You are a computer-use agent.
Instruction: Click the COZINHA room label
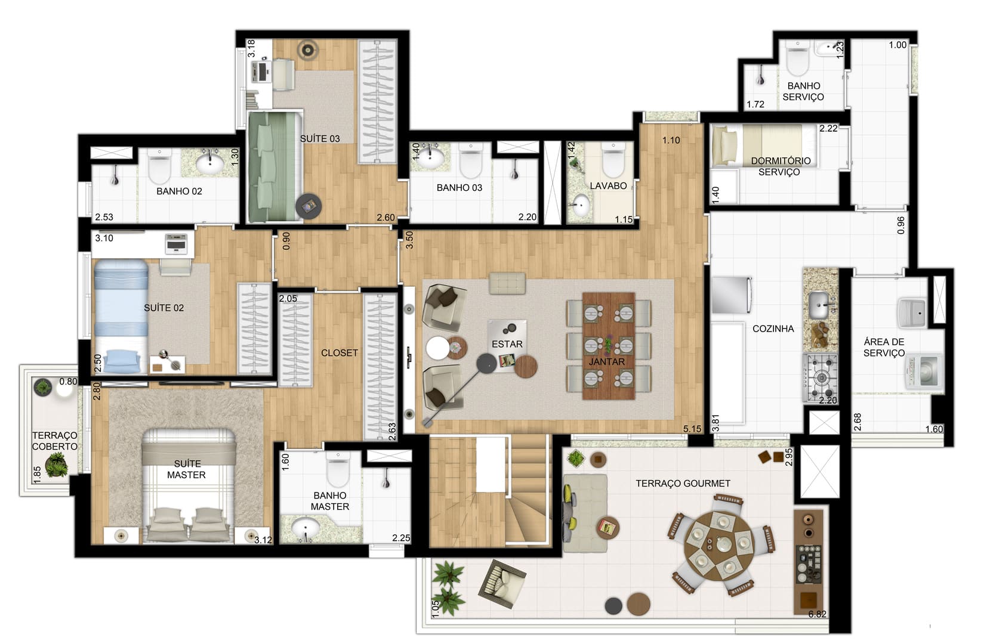click(x=773, y=329)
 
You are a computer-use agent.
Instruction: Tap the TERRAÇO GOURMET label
click(x=683, y=484)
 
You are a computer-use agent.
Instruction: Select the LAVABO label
click(x=608, y=186)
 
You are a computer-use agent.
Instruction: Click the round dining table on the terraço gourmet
click(x=719, y=546)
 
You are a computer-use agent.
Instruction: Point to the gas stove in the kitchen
click(x=821, y=378)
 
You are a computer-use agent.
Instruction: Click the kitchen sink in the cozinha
click(x=819, y=305)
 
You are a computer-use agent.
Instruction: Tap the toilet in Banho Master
click(x=338, y=469)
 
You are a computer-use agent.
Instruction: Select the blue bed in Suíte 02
click(x=120, y=316)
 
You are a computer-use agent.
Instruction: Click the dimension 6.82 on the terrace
click(x=817, y=614)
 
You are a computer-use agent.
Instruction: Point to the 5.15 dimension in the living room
click(x=692, y=429)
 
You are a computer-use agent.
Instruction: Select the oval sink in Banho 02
click(x=209, y=163)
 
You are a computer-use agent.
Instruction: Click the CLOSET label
click(x=340, y=353)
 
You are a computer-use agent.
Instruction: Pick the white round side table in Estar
click(x=437, y=348)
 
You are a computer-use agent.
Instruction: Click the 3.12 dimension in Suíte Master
click(x=263, y=539)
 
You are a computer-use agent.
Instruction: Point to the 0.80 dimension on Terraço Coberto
click(x=69, y=381)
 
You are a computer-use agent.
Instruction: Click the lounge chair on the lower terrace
click(x=502, y=584)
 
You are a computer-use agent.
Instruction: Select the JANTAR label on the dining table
click(x=606, y=362)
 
